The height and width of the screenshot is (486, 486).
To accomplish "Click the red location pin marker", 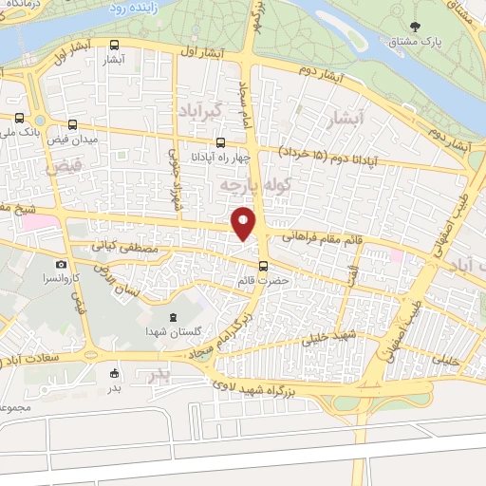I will point(244,222).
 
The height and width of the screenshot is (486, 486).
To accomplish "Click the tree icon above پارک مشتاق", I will point(415,25).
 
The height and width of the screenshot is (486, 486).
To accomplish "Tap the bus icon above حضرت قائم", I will point(263,266).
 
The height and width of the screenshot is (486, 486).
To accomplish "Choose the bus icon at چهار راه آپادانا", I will point(220,142).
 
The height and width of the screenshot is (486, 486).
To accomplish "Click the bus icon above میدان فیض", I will point(74,124).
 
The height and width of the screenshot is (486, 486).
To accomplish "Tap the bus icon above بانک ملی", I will point(20,118).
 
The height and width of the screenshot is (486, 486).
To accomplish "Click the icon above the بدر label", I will point(114,373).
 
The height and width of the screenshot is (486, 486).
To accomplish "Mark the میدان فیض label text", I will point(74,139).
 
